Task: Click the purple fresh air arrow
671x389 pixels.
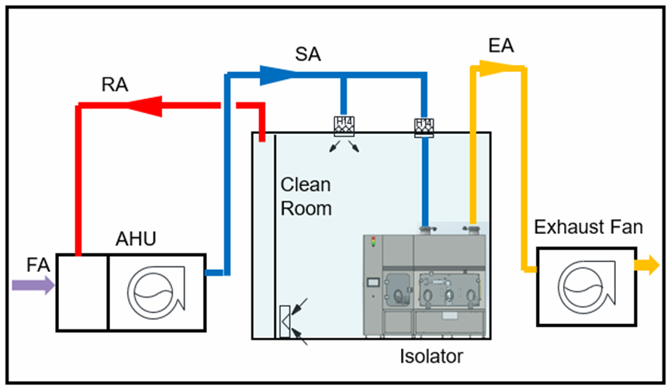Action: (x=33, y=286)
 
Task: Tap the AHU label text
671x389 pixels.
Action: (x=136, y=239)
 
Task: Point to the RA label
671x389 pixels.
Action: (x=115, y=84)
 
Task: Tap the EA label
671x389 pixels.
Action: (x=502, y=46)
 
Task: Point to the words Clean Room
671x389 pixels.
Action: (x=306, y=197)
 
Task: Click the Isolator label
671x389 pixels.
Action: (x=431, y=357)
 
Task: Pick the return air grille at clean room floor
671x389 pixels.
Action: (x=285, y=322)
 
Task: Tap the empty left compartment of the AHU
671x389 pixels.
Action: (x=81, y=291)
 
